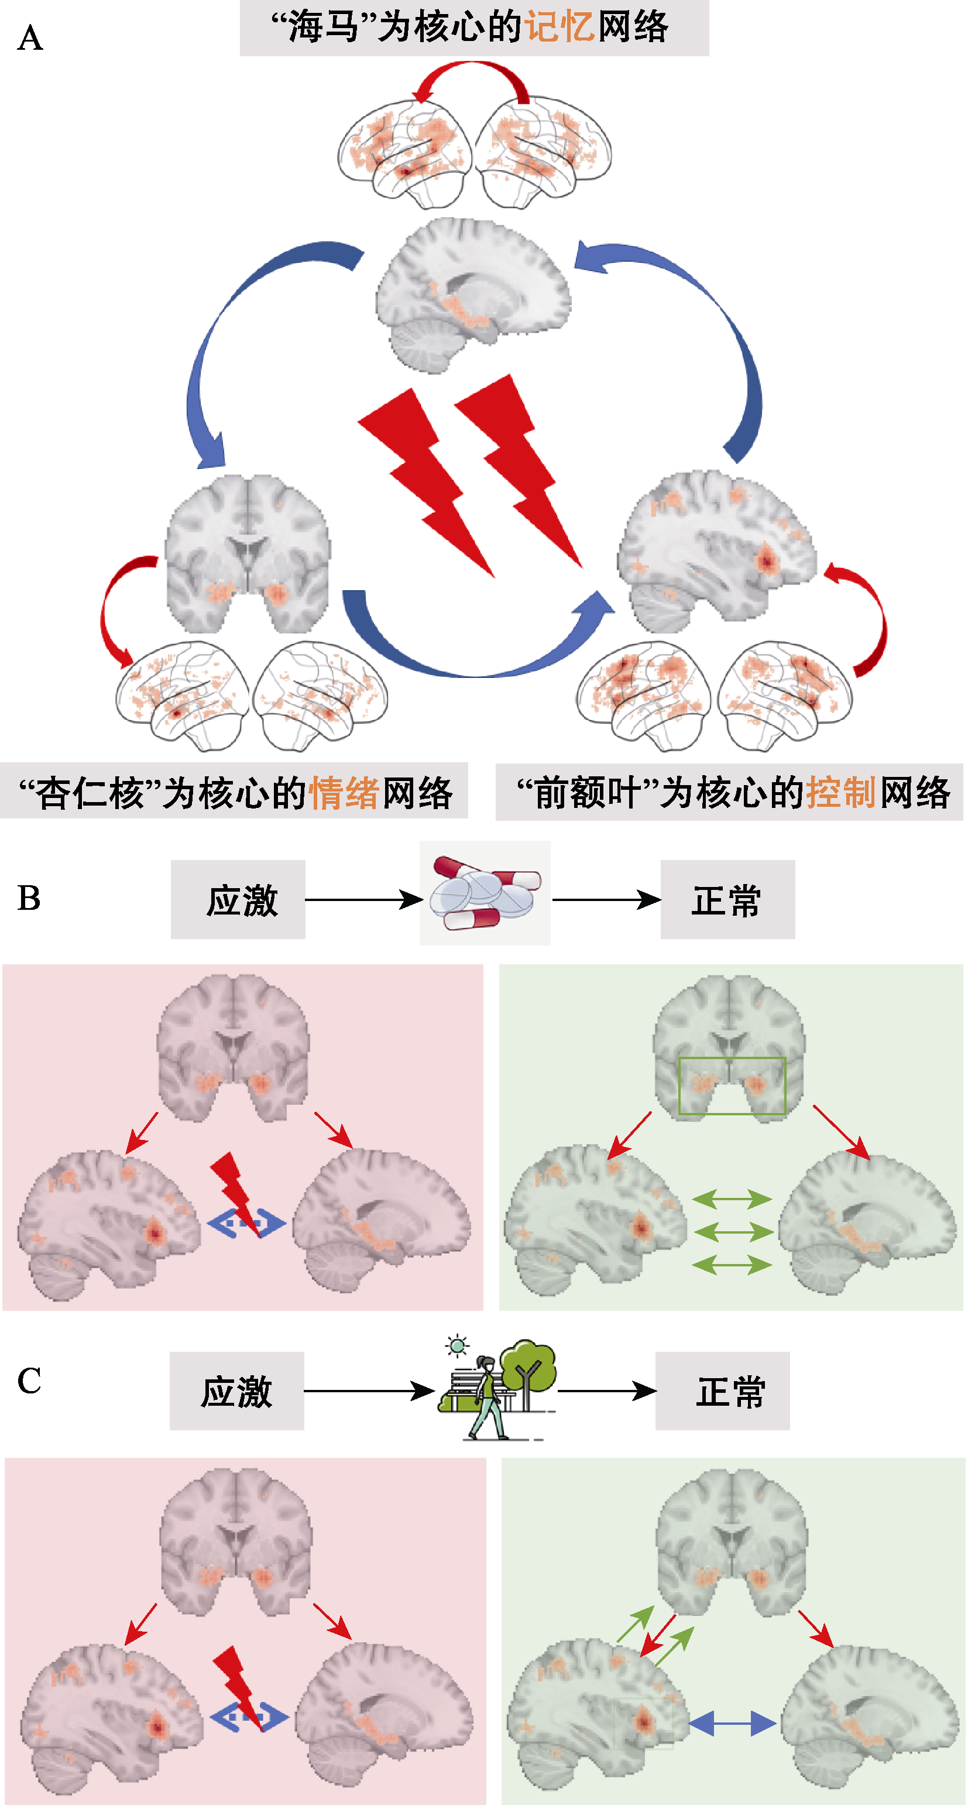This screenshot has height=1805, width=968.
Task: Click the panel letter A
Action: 30,39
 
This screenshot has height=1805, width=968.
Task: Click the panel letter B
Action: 29,898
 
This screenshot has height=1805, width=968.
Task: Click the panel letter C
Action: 29,1381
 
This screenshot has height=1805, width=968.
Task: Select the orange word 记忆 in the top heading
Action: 559,28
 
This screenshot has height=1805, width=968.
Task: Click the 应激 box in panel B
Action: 238,900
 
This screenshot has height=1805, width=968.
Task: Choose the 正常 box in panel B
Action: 727,900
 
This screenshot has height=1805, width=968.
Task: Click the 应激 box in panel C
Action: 237,1391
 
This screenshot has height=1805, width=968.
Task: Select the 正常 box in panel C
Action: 722,1391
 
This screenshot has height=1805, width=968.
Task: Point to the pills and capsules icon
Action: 485,893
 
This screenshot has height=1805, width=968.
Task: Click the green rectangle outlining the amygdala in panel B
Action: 732,1085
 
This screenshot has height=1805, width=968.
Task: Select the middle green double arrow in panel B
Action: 732,1231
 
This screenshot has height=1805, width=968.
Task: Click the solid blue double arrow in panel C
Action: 733,1723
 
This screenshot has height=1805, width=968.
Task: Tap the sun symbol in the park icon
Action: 458,1345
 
